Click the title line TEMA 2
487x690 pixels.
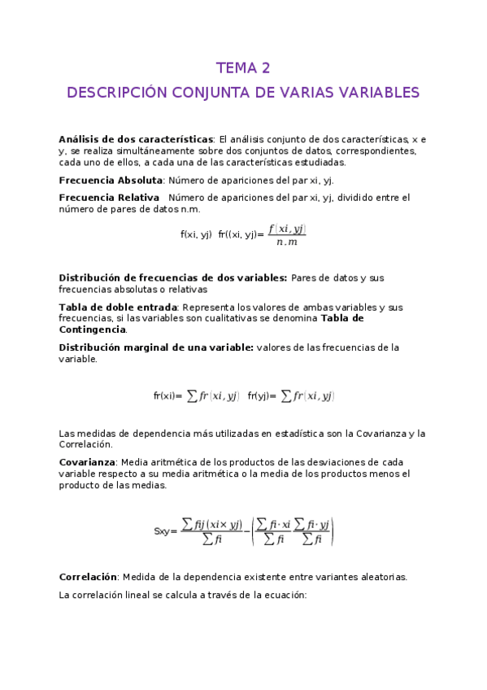[x=243, y=68]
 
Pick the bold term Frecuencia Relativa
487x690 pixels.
[x=109, y=198]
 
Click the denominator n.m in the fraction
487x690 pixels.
[x=287, y=242]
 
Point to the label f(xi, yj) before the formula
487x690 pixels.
[x=196, y=234]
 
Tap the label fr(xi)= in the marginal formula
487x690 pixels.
[x=167, y=396]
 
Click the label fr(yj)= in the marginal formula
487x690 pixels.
[x=262, y=396]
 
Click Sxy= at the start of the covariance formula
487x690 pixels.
[x=165, y=531]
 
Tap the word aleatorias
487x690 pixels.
[x=379, y=577]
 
